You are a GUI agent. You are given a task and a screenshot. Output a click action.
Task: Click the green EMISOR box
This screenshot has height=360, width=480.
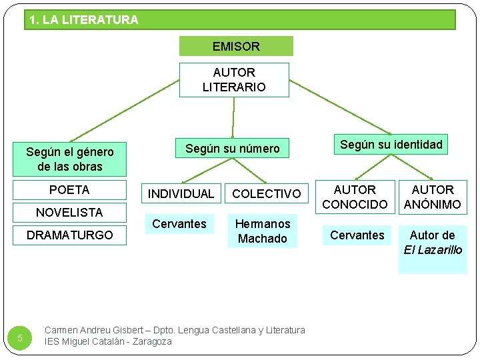pos(236,46)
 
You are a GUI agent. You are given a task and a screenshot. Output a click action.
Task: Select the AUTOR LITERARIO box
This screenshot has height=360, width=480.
pos(234,79)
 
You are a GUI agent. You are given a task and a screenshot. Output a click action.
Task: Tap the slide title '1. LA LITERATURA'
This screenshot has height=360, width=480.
pos(84,20)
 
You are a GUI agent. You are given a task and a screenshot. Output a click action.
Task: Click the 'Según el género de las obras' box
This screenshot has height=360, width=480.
pos(69,159)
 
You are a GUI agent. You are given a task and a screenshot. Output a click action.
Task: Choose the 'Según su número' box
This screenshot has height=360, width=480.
pos(232,148)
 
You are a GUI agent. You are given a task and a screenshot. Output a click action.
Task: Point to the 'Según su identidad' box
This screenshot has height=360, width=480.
pos(391,145)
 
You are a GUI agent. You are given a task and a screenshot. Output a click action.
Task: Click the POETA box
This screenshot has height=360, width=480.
pos(69,190)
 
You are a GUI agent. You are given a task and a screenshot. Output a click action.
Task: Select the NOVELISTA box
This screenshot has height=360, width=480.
pos(69,213)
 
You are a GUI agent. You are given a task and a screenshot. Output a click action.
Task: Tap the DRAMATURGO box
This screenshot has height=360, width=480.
pos(69,235)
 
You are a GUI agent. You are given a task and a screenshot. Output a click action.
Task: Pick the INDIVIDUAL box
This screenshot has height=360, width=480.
pos(181,194)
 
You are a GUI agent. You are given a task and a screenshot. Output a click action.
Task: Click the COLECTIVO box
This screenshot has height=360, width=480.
pos(267,194)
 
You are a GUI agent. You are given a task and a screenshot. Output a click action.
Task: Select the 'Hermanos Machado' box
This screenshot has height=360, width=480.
pos(263,231)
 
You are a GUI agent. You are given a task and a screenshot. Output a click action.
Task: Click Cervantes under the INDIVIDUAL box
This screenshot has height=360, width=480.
pos(179,224)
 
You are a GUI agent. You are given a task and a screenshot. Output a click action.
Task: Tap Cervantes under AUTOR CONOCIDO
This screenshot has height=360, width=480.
pos(357,235)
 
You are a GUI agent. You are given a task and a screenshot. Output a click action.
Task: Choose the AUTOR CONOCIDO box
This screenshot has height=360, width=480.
pos(355,197)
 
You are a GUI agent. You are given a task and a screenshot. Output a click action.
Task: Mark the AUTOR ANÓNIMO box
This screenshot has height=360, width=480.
pos(433,197)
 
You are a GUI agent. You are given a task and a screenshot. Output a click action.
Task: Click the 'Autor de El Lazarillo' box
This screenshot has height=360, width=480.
pos(433,249)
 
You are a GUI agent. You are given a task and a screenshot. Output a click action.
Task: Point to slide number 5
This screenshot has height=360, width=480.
pos(20,339)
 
